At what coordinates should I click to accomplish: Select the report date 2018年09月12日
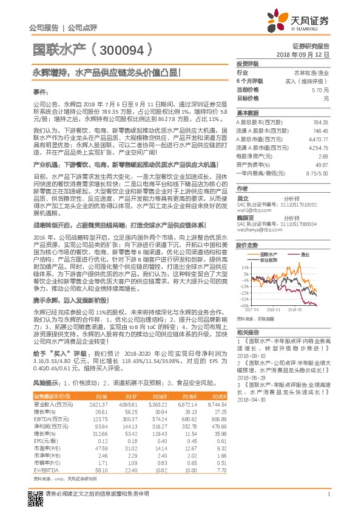click(302, 55)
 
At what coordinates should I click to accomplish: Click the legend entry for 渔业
click(305, 237)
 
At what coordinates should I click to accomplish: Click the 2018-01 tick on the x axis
click(274, 309)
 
